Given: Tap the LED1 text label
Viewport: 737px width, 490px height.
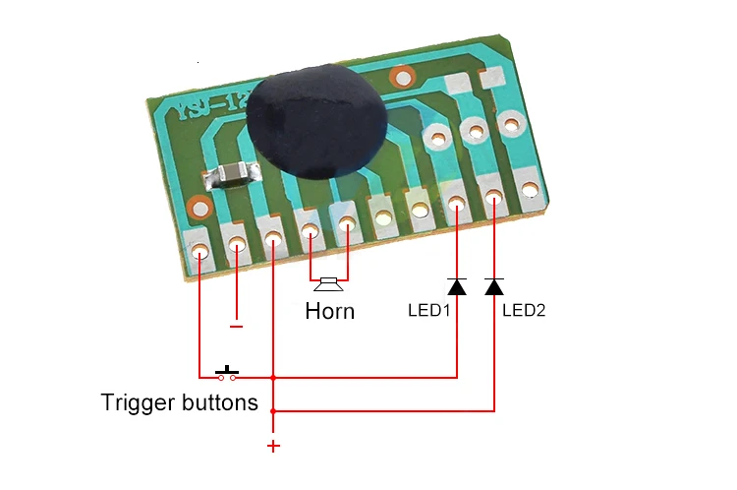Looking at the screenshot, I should pyautogui.click(x=428, y=310).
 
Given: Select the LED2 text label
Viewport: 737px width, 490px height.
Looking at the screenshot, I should pyautogui.click(x=524, y=310).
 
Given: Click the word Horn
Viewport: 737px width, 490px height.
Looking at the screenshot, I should pyautogui.click(x=329, y=312).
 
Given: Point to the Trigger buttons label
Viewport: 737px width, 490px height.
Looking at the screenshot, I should pyautogui.click(x=180, y=402).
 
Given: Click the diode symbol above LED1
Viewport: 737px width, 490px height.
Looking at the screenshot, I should pyautogui.click(x=457, y=286).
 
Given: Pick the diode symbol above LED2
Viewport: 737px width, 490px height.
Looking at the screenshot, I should pyautogui.click(x=494, y=286).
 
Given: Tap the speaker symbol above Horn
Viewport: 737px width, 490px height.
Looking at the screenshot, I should pyautogui.click(x=328, y=284).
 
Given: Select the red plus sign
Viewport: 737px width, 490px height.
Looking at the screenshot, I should pyautogui.click(x=273, y=447).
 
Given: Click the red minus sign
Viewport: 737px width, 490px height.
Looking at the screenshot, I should pyautogui.click(x=236, y=326).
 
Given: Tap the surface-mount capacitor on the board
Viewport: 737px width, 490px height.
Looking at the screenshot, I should pyautogui.click(x=229, y=175).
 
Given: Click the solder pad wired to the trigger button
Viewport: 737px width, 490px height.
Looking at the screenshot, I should pyautogui.click(x=199, y=254).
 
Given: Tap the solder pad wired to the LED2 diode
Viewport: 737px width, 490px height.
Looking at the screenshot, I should pyautogui.click(x=493, y=199).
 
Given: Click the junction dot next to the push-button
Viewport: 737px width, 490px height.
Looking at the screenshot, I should pyautogui.click(x=273, y=377).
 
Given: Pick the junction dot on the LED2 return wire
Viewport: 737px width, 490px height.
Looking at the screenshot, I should pyautogui.click(x=273, y=410).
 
